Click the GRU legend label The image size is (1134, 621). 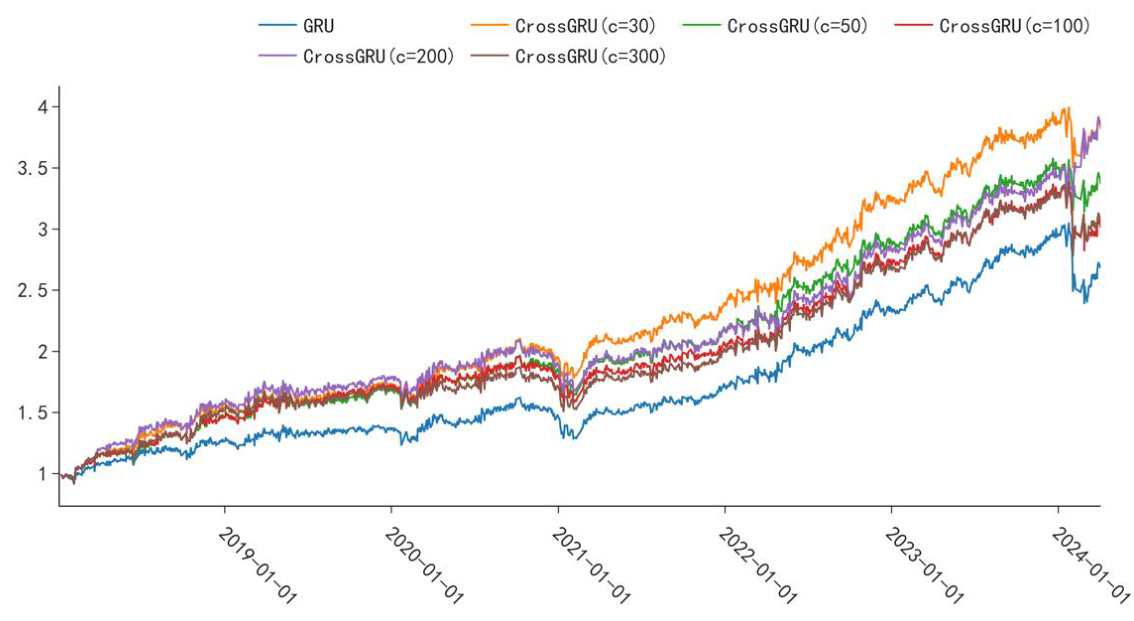[318, 26]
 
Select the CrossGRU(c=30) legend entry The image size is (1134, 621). [585, 26]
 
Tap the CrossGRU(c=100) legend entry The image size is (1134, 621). [1014, 26]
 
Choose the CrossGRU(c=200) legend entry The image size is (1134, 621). [378, 56]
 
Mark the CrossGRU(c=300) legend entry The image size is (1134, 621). [590, 56]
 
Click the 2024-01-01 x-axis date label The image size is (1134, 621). [1090, 565]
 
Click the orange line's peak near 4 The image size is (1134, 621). [1067, 108]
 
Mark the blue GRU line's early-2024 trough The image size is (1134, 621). [1085, 302]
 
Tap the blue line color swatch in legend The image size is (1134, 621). [277, 26]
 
